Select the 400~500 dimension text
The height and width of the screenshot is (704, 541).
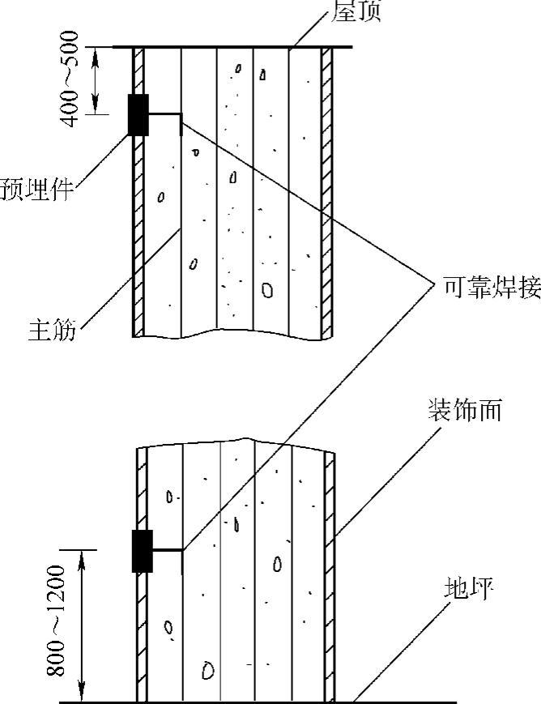tap(70, 79)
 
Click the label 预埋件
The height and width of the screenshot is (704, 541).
tap(36, 189)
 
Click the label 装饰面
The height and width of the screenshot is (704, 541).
tap(465, 409)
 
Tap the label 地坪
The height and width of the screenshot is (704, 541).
tap(468, 587)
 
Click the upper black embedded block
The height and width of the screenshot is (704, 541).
tap(138, 114)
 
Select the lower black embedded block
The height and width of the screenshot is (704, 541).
tap(142, 552)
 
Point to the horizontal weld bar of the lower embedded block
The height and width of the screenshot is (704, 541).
tap(167, 551)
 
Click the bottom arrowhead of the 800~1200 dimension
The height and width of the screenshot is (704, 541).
tap(80, 695)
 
